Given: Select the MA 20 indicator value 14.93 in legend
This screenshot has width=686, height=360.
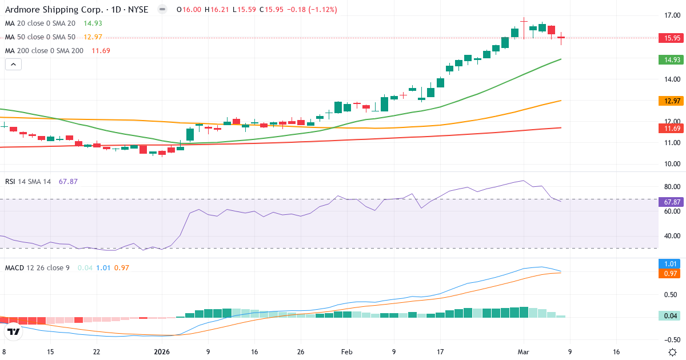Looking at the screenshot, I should (93, 23).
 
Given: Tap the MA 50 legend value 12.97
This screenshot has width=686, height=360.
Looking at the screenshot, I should (93, 37).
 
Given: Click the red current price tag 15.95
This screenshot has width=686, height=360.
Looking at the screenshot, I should (671, 38).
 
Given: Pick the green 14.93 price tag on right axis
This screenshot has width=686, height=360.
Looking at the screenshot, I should (671, 59).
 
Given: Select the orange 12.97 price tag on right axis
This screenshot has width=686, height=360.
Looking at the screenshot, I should (671, 101).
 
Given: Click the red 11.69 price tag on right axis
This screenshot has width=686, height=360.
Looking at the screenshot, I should (671, 129).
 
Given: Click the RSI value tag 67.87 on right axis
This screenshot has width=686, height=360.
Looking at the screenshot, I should (671, 201).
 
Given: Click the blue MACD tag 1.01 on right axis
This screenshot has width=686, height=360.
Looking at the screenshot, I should (671, 264).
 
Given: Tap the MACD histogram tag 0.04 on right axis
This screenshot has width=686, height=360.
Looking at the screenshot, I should (671, 315).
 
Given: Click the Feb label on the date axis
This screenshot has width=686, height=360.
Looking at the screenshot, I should (347, 352).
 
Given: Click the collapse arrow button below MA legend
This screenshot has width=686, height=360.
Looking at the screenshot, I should (13, 65).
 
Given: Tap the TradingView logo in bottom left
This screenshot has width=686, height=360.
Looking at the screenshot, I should (14, 331).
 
